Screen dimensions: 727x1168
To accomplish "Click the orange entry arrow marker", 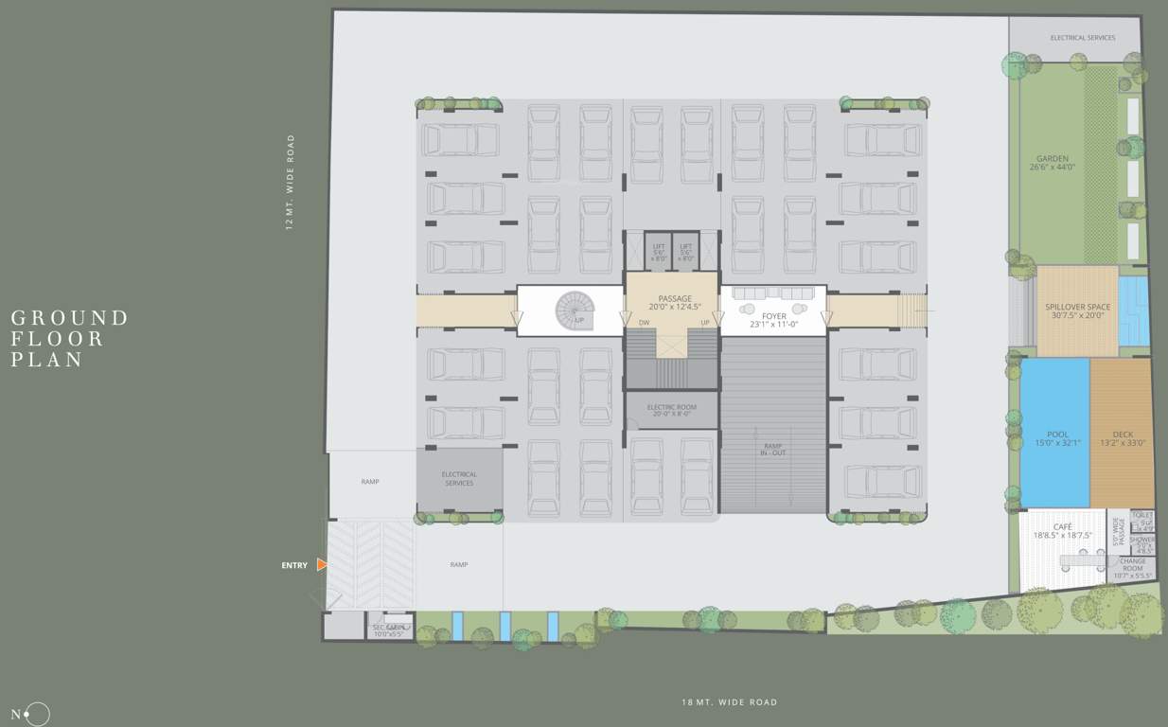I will [322, 564].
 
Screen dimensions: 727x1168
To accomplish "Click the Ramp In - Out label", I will [772, 449].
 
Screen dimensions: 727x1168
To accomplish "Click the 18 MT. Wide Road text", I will [729, 702].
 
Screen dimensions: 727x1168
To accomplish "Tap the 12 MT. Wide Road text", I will [290, 181].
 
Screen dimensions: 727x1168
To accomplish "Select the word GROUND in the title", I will [69, 318].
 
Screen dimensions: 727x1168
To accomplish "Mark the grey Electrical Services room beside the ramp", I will [459, 479].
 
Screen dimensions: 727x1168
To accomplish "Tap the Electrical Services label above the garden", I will [1082, 38].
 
